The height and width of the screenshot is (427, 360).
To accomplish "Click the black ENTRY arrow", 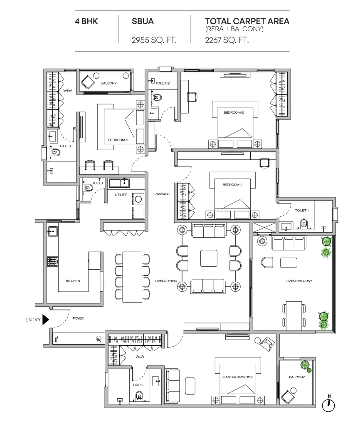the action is pyautogui.click(x=46, y=320).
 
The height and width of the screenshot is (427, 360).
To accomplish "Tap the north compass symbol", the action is pyautogui.click(x=328, y=405).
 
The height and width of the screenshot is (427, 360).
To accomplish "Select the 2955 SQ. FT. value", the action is pyautogui.click(x=154, y=40).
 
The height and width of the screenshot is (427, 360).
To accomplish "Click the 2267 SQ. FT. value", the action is pyautogui.click(x=227, y=40).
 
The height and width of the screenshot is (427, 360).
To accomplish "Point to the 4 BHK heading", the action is pyautogui.click(x=86, y=21).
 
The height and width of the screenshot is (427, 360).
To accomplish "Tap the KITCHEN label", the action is pyautogui.click(x=73, y=281).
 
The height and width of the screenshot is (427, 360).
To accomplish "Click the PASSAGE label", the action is pyautogui.click(x=162, y=194).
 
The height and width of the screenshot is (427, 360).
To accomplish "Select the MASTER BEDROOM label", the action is pyautogui.click(x=238, y=377).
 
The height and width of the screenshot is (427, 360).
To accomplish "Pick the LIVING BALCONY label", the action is pyautogui.click(x=299, y=281).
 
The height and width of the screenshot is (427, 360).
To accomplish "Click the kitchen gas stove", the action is pyautogui.click(x=52, y=262).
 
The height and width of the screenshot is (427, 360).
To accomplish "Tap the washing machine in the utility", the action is pyautogui.click(x=138, y=199).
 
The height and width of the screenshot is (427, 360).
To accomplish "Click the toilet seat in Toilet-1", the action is pyautogui.click(x=304, y=224).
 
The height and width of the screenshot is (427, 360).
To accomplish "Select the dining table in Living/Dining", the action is pyautogui.click(x=132, y=277).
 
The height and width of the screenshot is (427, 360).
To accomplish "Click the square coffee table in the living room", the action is pyautogui.click(x=209, y=258).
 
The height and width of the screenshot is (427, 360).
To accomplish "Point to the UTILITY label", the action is pyautogui.click(x=121, y=195).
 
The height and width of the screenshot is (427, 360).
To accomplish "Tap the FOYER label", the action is pyautogui.click(x=79, y=318).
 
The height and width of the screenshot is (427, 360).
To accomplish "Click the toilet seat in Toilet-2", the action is pyautogui.click(x=157, y=97).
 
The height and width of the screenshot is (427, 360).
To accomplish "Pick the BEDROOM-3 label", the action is pyautogui.click(x=118, y=140).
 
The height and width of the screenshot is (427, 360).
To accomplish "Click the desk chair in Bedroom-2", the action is pyautogui.click(x=192, y=97).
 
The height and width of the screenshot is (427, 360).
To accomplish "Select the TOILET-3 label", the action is pyautogui.click(x=65, y=146).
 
